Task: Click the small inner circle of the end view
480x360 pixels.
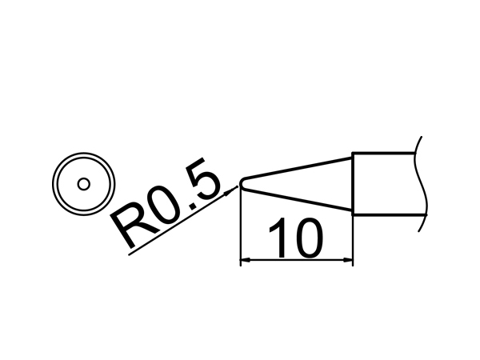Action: pyautogui.click(x=83, y=184)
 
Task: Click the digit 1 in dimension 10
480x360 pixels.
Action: pyautogui.click(x=279, y=238)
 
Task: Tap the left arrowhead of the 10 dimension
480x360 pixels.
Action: pyautogui.click(x=246, y=260)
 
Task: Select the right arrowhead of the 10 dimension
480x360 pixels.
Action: pyautogui.click(x=347, y=260)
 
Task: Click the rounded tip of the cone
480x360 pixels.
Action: pyautogui.click(x=242, y=184)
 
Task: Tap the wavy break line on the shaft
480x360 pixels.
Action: pyautogui.click(x=422, y=184)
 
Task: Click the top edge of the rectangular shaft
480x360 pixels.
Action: pyautogui.click(x=384, y=153)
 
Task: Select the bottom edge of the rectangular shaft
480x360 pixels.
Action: pyautogui.click(x=389, y=214)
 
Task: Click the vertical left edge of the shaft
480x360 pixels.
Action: pyautogui.click(x=354, y=184)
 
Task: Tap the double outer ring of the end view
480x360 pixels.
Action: pyautogui.click(x=83, y=153)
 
